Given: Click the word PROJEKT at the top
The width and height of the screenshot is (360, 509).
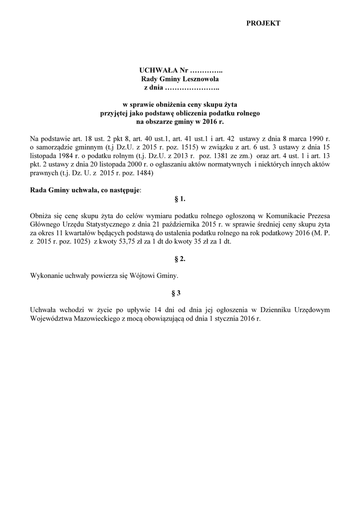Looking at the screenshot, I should click(263, 23).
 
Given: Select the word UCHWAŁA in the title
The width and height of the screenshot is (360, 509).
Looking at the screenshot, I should click(157, 71).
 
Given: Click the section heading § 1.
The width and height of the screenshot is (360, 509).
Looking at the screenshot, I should click(180, 199).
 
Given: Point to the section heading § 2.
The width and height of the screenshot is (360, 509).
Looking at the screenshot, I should click(180, 259).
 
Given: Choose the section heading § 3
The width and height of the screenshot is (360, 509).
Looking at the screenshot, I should click(180, 293).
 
